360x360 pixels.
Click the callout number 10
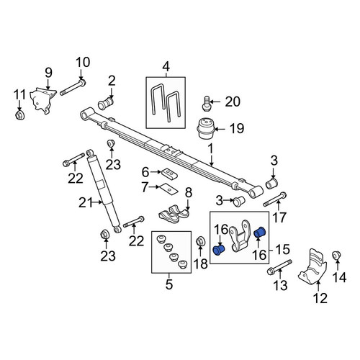[83, 63]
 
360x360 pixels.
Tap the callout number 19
[237, 128]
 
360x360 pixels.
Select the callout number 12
[320, 298]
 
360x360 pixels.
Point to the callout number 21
[86, 203]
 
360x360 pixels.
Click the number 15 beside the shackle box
[283, 249]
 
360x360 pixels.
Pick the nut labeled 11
[19, 116]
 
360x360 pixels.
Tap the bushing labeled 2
[106, 104]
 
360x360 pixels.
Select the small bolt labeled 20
[206, 104]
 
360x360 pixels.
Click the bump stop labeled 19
[206, 129]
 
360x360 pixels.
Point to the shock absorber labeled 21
[104, 192]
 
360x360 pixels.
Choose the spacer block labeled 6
[170, 174]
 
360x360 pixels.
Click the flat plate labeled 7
[169, 189]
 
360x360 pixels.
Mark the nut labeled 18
[200, 241]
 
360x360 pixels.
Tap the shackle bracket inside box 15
[239, 236]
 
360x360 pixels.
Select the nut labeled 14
[336, 256]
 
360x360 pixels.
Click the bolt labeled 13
[279, 267]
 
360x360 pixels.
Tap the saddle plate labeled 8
[174, 213]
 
